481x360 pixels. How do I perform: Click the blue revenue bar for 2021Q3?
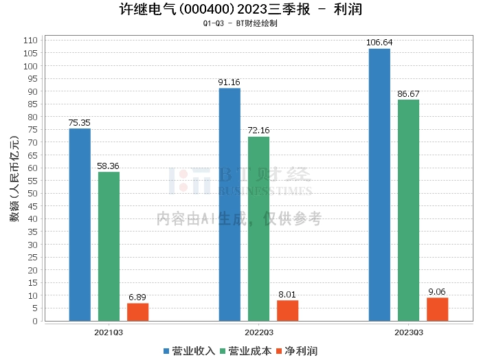(x=80, y=225)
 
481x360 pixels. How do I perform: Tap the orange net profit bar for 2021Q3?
(x=137, y=312)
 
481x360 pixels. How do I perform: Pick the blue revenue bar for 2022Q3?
(x=230, y=204)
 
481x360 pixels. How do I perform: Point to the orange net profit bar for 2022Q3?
(x=287, y=311)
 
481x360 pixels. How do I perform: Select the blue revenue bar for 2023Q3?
(x=379, y=185)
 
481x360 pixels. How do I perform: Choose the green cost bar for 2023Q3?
(x=408, y=210)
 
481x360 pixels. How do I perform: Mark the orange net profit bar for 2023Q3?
(x=437, y=309)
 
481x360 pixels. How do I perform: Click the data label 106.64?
(x=379, y=43)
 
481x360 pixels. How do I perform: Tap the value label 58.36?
(x=109, y=166)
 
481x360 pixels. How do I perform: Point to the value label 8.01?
(x=287, y=294)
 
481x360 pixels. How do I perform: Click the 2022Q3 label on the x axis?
(x=258, y=333)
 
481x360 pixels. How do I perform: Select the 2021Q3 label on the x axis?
(x=109, y=333)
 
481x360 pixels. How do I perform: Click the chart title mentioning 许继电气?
(x=240, y=10)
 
